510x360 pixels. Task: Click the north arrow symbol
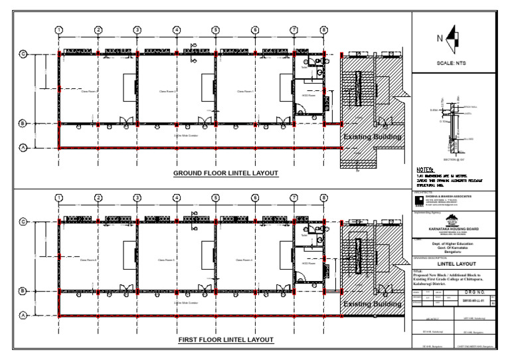(x=453, y=38)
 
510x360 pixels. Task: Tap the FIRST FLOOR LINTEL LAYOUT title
(x=226, y=339)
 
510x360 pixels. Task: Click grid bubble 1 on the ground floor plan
(x=59, y=30)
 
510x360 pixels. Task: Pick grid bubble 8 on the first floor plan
(x=323, y=197)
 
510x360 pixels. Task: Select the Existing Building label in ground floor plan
(x=372, y=137)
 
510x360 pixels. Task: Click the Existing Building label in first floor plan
(x=372, y=304)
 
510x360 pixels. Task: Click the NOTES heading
(x=425, y=169)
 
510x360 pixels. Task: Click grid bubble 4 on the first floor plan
(x=177, y=197)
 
